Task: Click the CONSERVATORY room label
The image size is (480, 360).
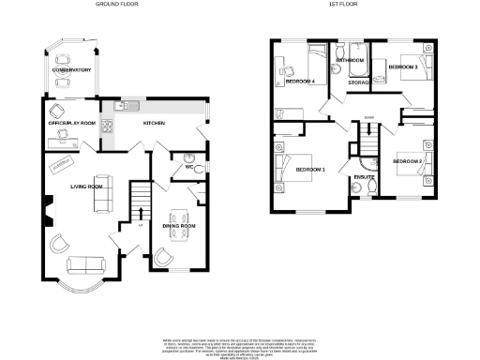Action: tap(71, 70)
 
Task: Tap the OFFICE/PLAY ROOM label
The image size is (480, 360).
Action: tap(72, 123)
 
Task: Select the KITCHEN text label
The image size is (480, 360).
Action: tap(154, 123)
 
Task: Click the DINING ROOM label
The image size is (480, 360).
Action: tap(178, 226)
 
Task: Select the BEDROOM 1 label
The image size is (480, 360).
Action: tap(310, 169)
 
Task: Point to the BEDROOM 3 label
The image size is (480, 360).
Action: tap(404, 67)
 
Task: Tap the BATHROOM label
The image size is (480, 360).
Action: tap(351, 60)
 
